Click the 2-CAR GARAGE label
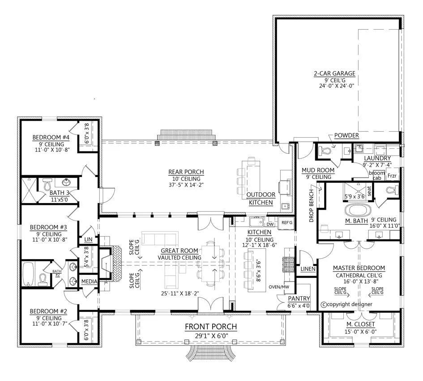334,73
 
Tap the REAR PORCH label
186,172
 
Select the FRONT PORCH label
211,327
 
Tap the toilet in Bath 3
47,185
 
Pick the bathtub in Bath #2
28,274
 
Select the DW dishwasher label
270,224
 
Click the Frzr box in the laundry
392,176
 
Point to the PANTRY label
299,299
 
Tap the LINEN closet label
308,269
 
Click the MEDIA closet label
89,281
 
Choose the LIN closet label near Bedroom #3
88,239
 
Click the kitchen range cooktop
287,264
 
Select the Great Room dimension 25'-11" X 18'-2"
180,294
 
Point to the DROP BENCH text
311,206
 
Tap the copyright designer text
346,304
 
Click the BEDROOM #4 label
51,137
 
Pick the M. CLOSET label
361,324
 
